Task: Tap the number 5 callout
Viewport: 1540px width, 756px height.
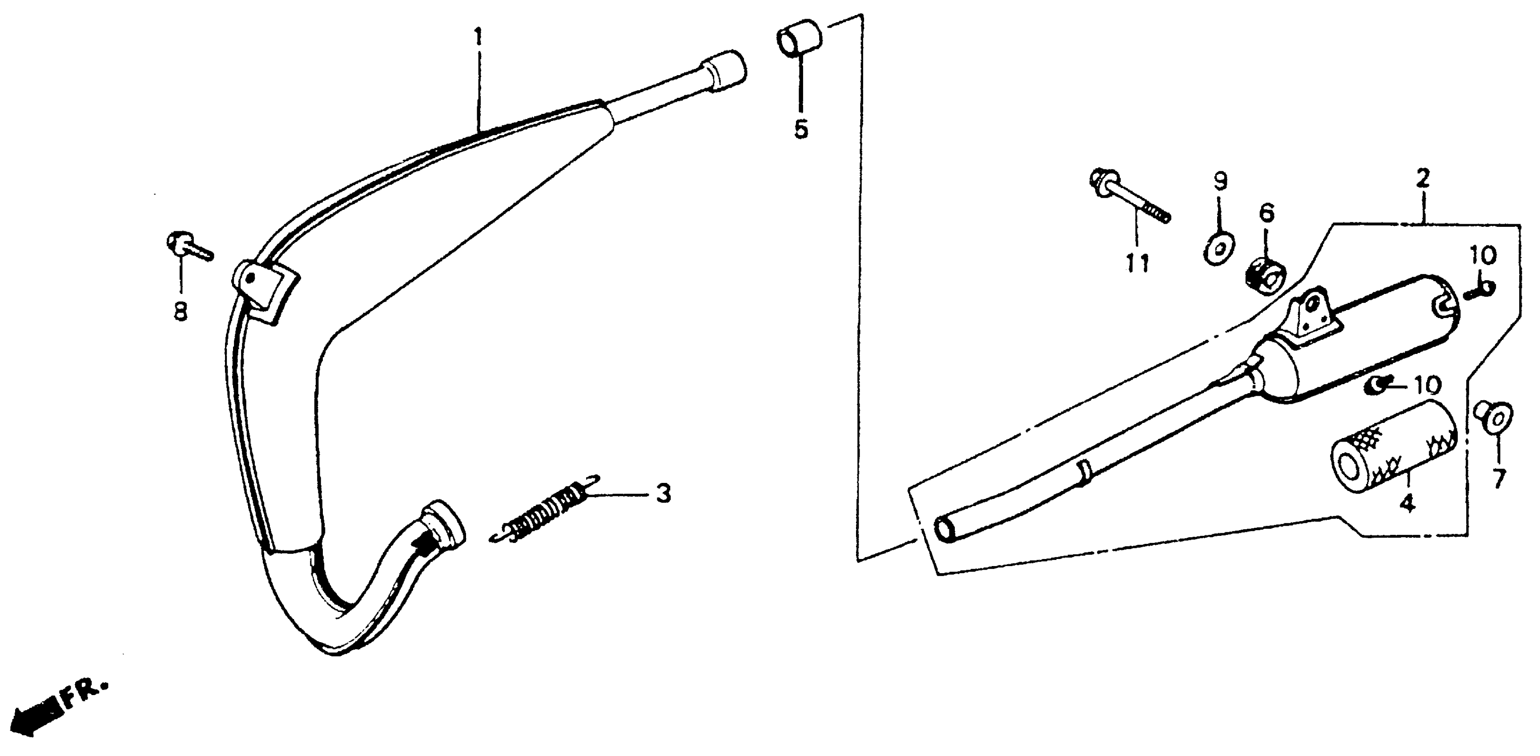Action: coord(800,129)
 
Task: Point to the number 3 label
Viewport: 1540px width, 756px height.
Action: coord(663,494)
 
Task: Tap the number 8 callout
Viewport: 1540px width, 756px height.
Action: coord(180,311)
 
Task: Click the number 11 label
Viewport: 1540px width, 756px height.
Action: coord(1137,263)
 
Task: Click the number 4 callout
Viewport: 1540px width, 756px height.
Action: coord(1407,503)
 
